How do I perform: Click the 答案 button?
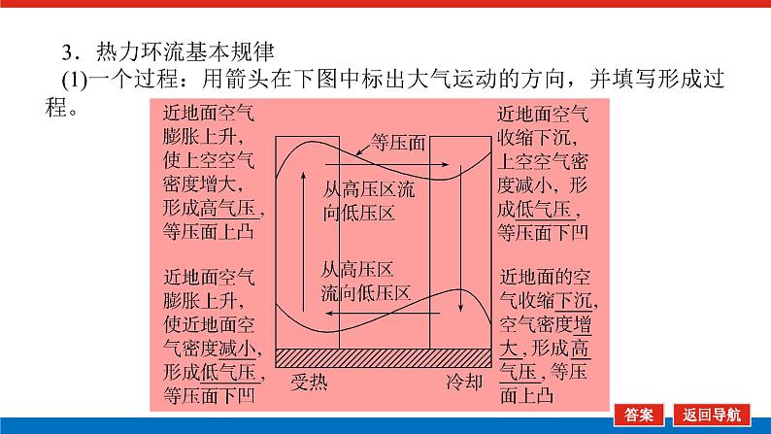[640, 414]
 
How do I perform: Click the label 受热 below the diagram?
[310, 381]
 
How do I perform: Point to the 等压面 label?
[400, 144]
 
